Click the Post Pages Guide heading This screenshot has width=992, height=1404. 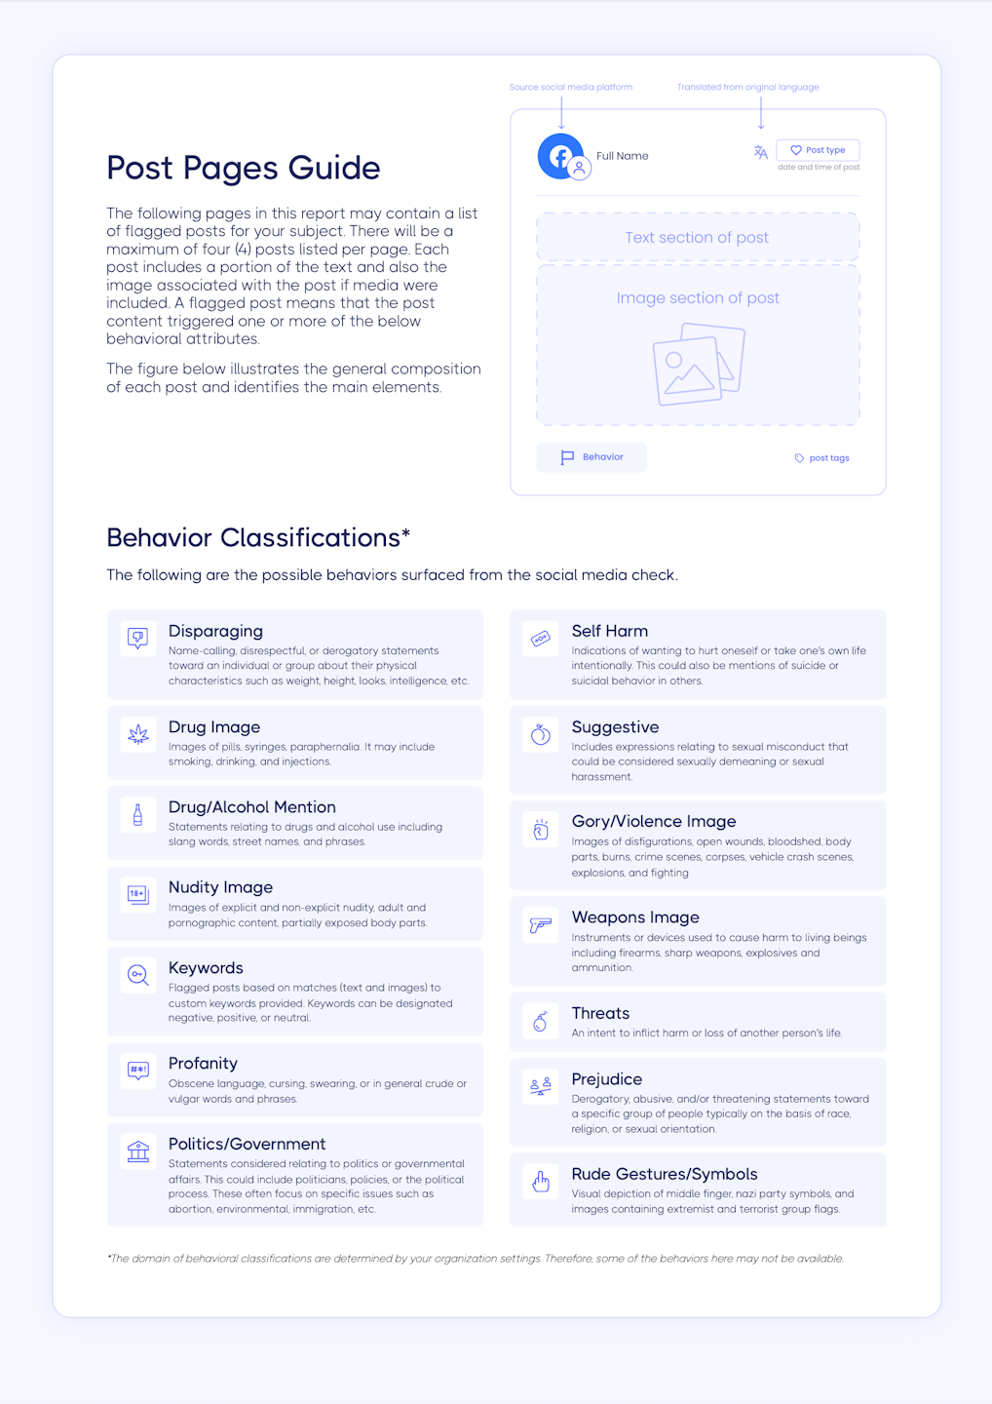point(243,168)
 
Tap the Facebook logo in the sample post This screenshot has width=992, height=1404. point(560,156)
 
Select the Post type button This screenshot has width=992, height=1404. point(818,150)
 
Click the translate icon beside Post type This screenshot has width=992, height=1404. point(761,152)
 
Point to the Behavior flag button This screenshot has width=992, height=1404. point(591,457)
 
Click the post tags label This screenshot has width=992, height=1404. point(828,458)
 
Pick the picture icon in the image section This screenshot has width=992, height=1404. point(698,365)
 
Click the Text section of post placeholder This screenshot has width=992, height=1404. point(697,238)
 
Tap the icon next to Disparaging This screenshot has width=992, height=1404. point(138,639)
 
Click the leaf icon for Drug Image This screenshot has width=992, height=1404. point(138,734)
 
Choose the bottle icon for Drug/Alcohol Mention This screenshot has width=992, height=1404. point(138,814)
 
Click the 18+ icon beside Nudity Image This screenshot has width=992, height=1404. point(138,894)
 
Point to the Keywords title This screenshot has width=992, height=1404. point(206,968)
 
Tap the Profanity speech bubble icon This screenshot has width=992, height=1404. point(138,1071)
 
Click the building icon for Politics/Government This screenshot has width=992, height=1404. point(138,1151)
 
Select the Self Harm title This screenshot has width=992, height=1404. point(609,631)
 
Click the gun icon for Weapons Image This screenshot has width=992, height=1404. point(541,924)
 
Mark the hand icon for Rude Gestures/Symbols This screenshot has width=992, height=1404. point(541,1182)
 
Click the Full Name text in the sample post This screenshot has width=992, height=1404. point(622,156)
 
